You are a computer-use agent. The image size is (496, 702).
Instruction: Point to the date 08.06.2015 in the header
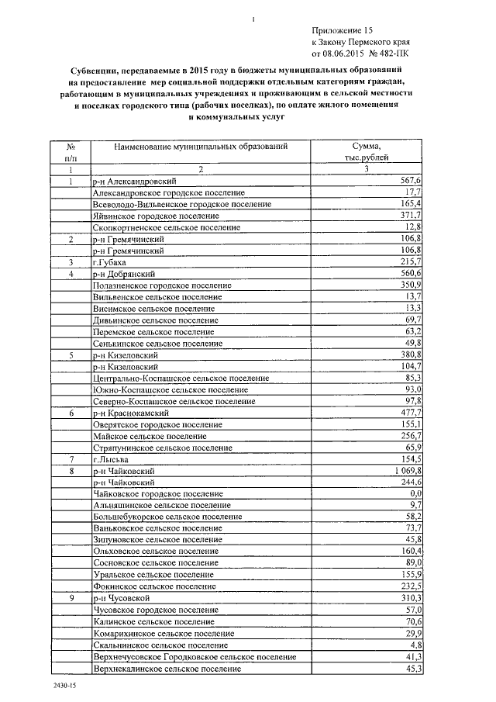coord(342,54)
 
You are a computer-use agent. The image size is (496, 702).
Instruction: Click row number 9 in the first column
coord(71,599)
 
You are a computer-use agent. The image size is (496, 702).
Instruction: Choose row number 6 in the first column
coord(71,413)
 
